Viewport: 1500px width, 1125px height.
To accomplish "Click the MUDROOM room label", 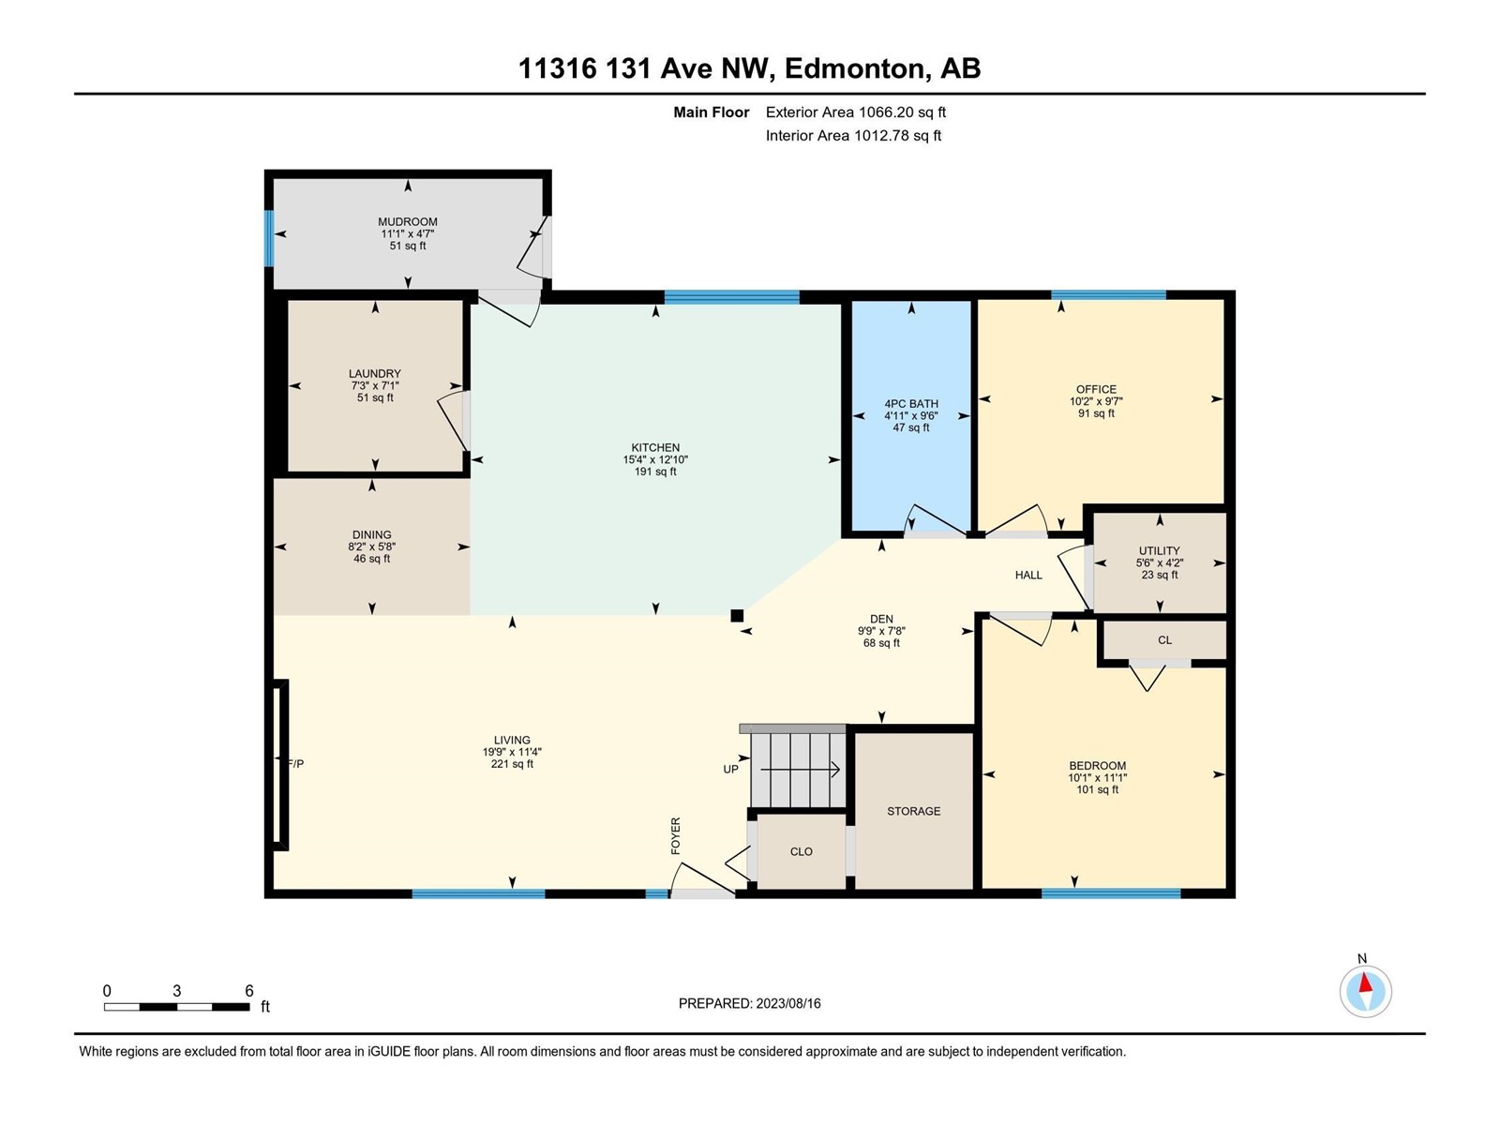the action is (x=407, y=222).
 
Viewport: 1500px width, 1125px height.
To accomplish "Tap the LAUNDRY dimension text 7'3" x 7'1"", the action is (x=374, y=386).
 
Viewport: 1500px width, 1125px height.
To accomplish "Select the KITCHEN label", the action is (x=655, y=448).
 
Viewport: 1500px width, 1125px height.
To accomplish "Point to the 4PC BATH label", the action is (x=911, y=404).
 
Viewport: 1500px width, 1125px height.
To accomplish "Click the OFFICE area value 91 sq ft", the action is (x=1096, y=414).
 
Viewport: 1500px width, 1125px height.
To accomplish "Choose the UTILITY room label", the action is (x=1159, y=550).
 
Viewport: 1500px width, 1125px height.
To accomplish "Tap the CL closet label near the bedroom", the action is (x=1164, y=640).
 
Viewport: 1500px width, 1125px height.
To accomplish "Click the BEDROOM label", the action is (x=1098, y=766).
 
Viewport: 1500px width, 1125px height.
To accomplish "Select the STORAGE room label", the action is (x=914, y=811).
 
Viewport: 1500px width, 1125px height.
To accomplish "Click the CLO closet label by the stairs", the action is (x=801, y=852).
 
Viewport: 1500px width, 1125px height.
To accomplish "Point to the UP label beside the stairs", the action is (x=730, y=769).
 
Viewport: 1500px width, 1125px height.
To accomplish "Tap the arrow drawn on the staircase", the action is (x=800, y=770).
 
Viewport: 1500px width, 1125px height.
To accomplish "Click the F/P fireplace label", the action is (x=295, y=764).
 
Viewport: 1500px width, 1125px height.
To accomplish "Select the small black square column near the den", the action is (x=737, y=615).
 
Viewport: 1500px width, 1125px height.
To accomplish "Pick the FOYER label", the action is (x=675, y=835).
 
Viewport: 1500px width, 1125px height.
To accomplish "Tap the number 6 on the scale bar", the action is (x=248, y=990).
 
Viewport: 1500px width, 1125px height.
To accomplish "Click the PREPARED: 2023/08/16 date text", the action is (x=750, y=1003).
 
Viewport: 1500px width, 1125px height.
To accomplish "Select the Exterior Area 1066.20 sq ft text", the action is (x=856, y=112).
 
